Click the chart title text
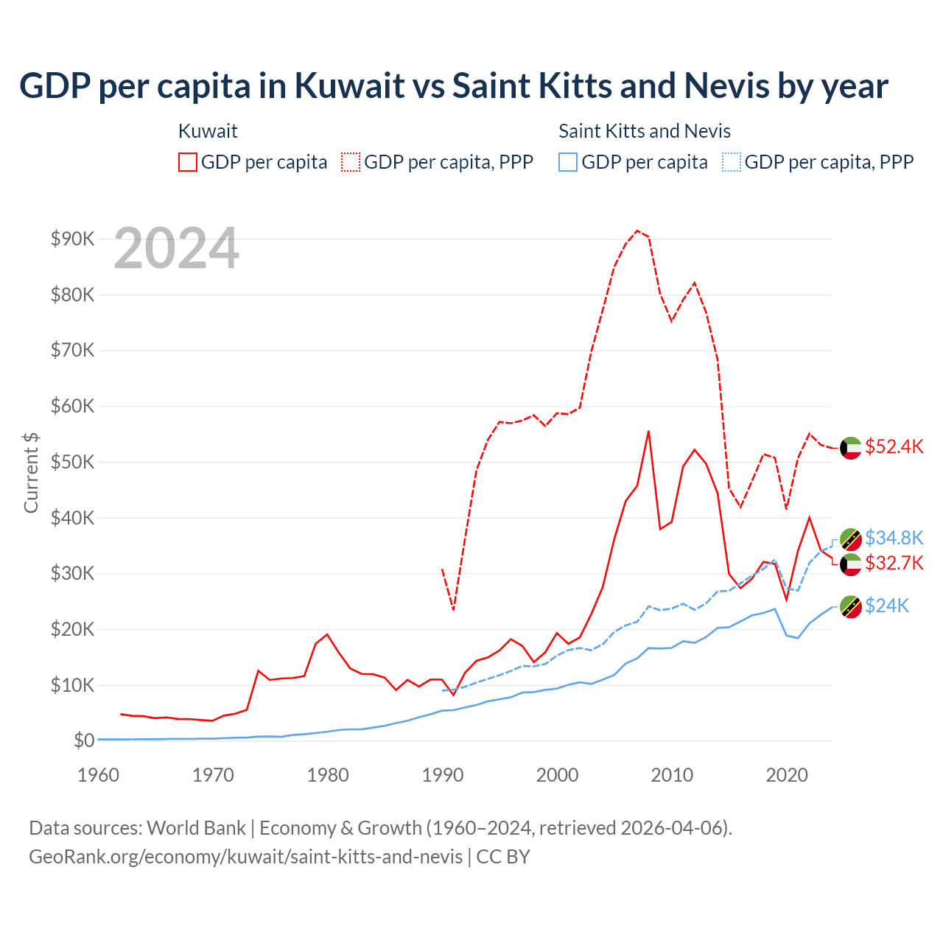tap(454, 85)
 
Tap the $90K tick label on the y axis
tap(72, 239)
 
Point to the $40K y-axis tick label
tap(72, 518)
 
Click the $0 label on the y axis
tap(84, 740)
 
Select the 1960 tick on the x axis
tap(98, 775)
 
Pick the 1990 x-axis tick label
tap(443, 775)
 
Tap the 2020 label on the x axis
tap(787, 775)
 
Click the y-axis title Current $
tap(31, 472)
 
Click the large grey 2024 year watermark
tap(176, 249)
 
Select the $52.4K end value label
tap(894, 446)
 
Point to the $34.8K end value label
tap(894, 538)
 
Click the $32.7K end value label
tap(894, 564)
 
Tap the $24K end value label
tap(887, 606)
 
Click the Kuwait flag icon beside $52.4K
tap(851, 447)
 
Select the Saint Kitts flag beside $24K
tap(851, 606)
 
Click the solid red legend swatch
tap(188, 162)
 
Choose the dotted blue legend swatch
tap(732, 162)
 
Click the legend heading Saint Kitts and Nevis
tap(645, 131)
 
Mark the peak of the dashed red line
tap(637, 231)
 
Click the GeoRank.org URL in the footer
tap(245, 857)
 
